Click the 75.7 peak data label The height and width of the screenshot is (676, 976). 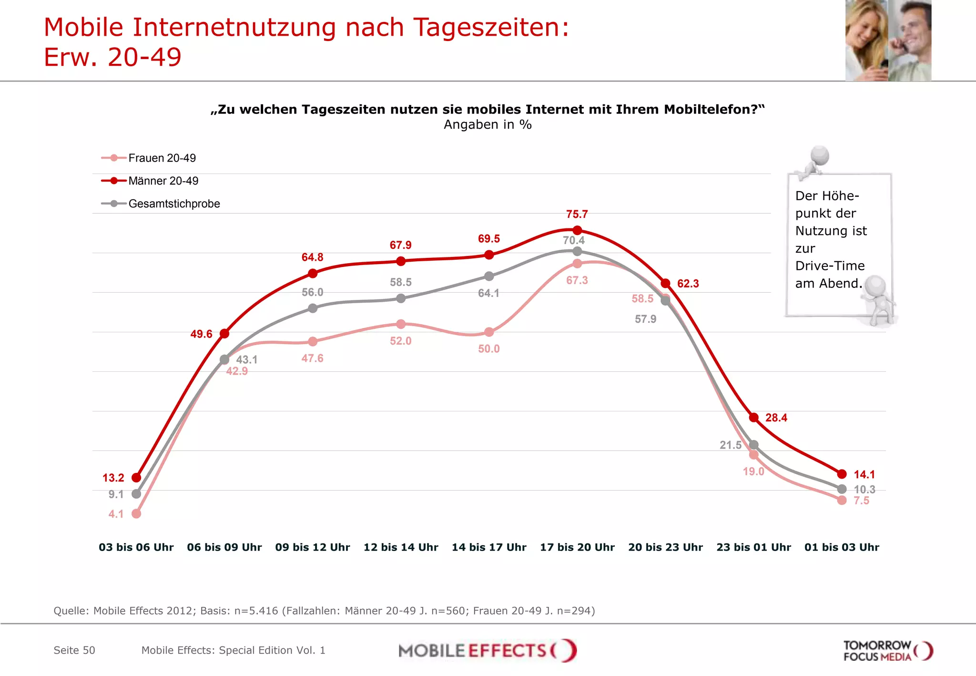pos(577,214)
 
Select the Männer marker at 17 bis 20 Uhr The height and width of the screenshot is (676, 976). pos(577,230)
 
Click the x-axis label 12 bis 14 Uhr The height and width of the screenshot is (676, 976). pos(400,547)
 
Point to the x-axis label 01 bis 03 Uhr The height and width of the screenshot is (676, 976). pos(842,547)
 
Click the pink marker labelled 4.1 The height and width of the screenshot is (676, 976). pos(136,513)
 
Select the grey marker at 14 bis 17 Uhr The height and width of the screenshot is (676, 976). pos(489,276)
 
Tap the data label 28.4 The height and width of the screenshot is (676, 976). pos(776,418)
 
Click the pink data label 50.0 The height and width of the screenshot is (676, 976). pos(489,348)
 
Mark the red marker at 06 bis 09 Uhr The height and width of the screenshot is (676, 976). pos(224,333)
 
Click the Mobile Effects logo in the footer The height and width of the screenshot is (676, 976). pos(487,650)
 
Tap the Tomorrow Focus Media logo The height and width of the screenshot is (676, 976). pos(887,651)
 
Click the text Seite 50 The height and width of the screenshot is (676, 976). pos(74,650)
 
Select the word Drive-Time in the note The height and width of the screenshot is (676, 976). pos(830,266)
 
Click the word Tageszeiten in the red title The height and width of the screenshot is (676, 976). pos(491,27)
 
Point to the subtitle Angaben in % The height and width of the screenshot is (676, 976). pos(488,124)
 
